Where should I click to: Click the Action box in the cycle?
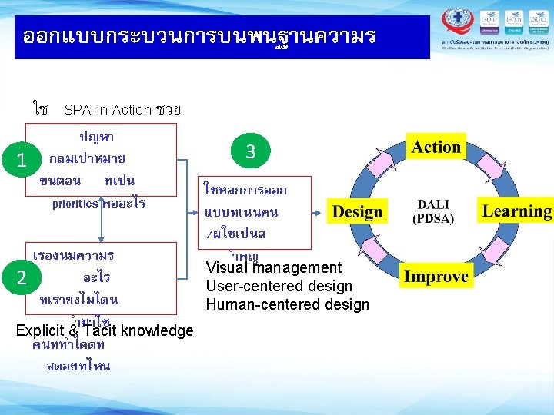coord(436,148)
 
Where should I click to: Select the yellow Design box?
coord(357,212)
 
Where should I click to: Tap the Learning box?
coord(517,211)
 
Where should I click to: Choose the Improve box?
coord(436,277)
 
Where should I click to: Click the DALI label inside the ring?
coord(435,205)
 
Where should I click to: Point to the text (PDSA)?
coord(435,219)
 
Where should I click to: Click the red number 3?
coord(250,152)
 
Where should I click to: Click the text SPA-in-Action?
coord(108,110)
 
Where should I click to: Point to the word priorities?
coord(75,204)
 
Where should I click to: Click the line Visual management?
coord(274,268)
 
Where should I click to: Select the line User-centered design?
coord(279,287)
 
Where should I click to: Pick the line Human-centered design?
coord(288,305)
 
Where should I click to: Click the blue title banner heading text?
coord(199,36)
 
